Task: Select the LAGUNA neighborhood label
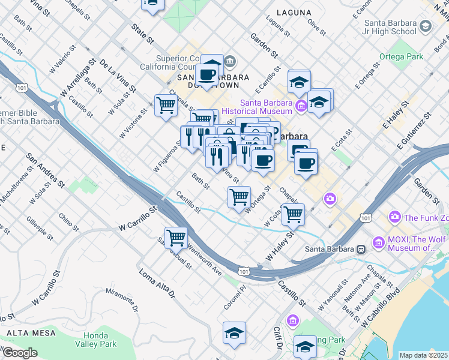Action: [294, 12]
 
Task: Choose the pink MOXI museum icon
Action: [378, 242]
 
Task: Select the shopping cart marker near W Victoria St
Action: [166, 106]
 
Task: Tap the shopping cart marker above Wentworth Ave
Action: [176, 238]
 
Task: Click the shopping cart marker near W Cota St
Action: [293, 214]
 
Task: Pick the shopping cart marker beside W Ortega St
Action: [239, 196]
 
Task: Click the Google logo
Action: [20, 353]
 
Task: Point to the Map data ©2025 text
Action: [423, 355]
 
